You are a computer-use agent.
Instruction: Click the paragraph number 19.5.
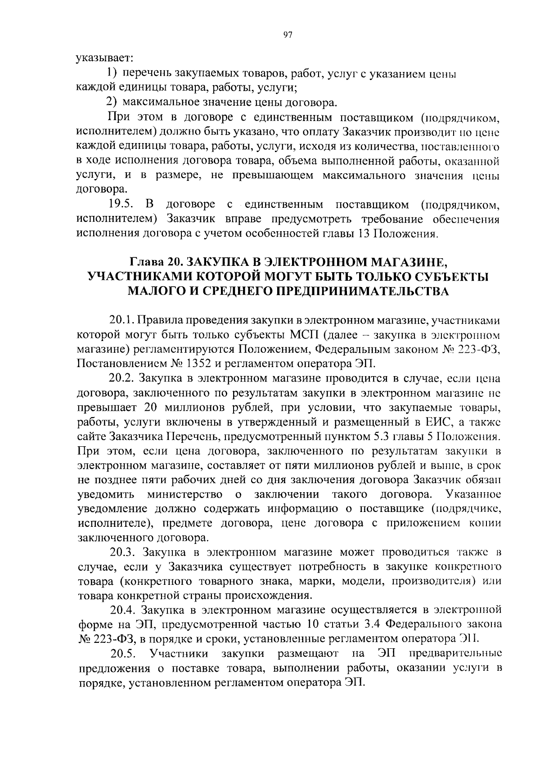121,204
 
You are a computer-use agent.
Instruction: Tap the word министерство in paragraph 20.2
185,495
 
